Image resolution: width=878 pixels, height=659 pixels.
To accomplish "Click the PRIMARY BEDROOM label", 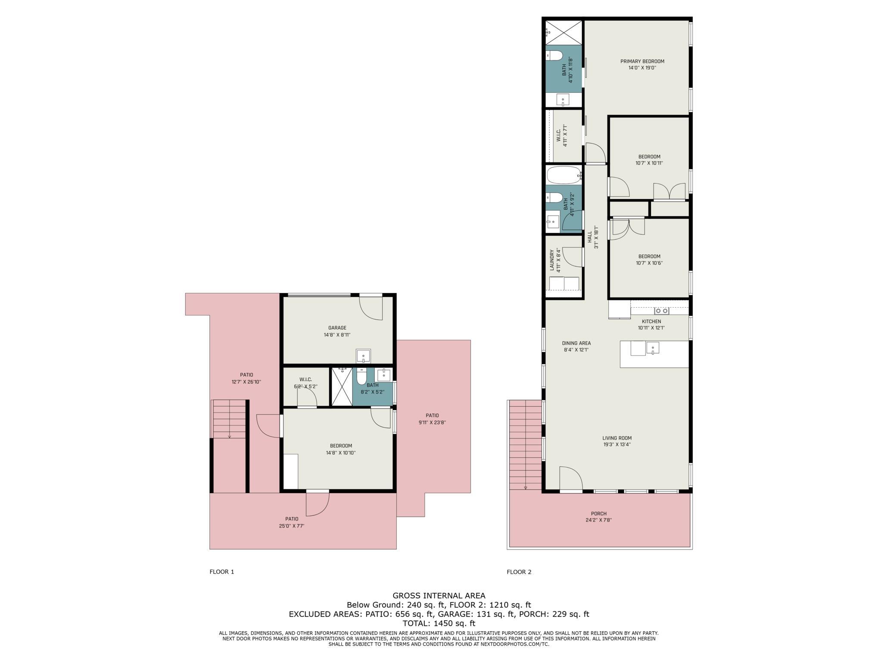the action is [x=642, y=61].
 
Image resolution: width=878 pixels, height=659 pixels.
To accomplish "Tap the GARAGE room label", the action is [x=337, y=328].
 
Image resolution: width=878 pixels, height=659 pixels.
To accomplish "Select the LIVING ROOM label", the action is [x=616, y=438].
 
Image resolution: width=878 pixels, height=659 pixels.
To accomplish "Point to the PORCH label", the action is [x=598, y=513].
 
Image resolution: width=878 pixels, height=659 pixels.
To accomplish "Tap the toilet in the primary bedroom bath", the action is [x=555, y=56].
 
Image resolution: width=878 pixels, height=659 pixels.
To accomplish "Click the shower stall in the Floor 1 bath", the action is [x=342, y=386].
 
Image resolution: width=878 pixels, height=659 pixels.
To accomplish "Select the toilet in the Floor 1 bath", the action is [x=362, y=376].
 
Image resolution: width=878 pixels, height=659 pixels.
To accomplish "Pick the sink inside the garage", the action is [x=363, y=356].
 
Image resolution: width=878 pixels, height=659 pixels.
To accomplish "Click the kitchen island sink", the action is [x=652, y=347].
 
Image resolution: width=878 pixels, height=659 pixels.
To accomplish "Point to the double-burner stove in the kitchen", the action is [x=661, y=311].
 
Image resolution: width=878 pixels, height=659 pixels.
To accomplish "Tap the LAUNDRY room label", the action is [x=552, y=260].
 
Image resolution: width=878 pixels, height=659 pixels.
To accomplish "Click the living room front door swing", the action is [x=571, y=478].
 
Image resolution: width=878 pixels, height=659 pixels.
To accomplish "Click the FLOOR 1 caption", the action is [x=221, y=572].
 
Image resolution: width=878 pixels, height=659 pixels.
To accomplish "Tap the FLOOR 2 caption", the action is [x=519, y=572].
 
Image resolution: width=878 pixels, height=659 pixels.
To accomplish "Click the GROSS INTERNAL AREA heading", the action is [x=439, y=596].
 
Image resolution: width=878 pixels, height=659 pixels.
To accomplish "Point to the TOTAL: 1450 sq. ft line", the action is [x=439, y=623].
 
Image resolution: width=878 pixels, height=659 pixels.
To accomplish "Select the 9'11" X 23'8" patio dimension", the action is [x=432, y=422].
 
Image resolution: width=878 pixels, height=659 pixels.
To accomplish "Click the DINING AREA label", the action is [x=576, y=343].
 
